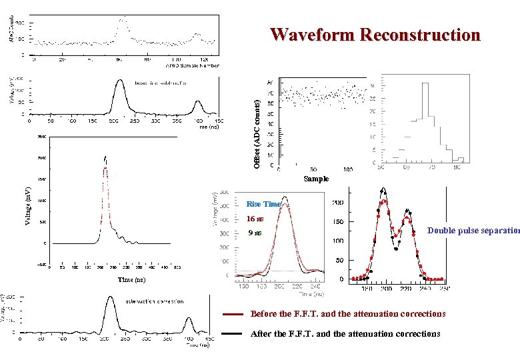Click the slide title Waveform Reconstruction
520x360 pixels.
375,35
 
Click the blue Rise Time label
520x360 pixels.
264,204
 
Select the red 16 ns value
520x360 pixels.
255,219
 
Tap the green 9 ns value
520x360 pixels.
254,233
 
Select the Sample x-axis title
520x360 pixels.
316,179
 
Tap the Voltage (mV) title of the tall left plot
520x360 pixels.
28,196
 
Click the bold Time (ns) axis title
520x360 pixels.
131,280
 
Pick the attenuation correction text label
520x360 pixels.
155,301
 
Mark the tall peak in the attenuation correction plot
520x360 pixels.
109,299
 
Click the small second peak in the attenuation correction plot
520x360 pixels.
188,319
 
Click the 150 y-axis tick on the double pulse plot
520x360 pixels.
337,221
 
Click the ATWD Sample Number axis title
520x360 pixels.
192,65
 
